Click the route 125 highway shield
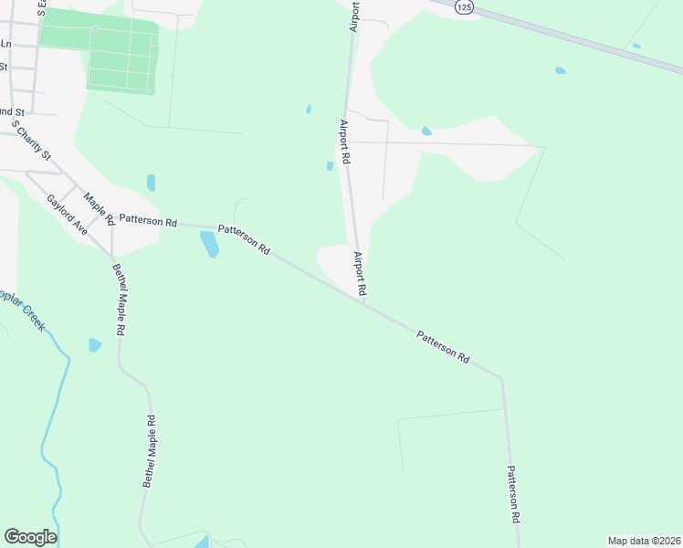tap(466, 6)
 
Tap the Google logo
tap(30, 537)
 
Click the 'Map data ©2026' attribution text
tap(644, 540)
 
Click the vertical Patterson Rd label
tap(513, 493)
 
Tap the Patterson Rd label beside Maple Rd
tap(147, 220)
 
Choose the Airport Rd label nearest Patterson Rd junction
tap(360, 272)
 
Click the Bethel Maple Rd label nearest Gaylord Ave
tap(119, 300)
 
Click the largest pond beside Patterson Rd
tap(209, 244)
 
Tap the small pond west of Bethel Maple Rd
tap(94, 344)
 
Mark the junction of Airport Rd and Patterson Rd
tap(364, 303)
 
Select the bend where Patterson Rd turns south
tap(500, 377)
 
